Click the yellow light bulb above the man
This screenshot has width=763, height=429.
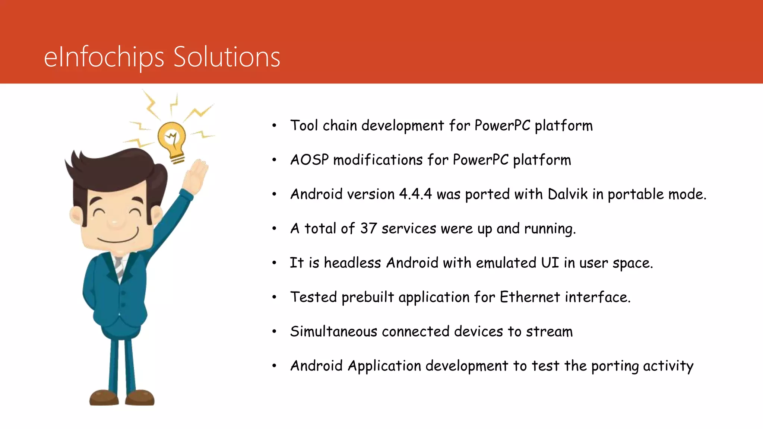(171, 140)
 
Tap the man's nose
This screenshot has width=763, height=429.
(115, 223)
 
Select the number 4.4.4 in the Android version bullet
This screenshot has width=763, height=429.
(415, 194)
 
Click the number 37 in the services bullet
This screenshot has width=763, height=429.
(368, 228)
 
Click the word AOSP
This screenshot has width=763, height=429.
(309, 160)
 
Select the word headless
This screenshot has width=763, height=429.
(352, 263)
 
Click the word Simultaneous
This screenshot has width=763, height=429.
(333, 331)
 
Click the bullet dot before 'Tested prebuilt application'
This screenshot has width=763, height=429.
(274, 297)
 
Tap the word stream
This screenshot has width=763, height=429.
(549, 331)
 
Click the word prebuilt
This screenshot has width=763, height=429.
(367, 297)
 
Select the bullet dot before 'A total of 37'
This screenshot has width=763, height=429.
(274, 228)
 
